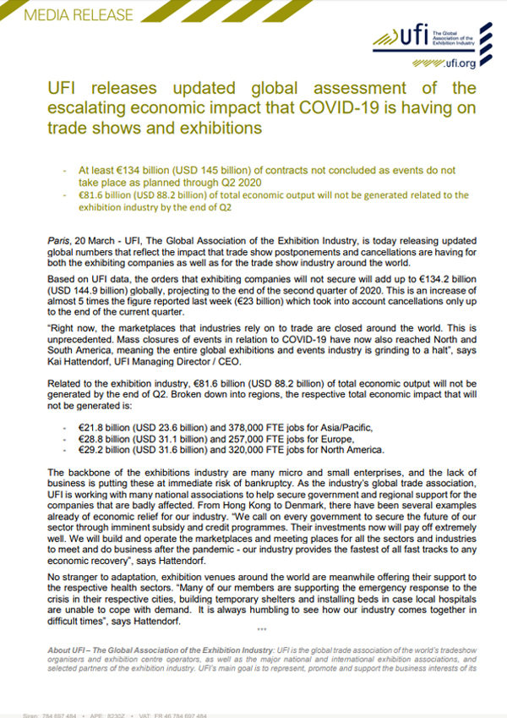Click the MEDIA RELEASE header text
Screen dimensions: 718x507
click(x=67, y=15)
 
